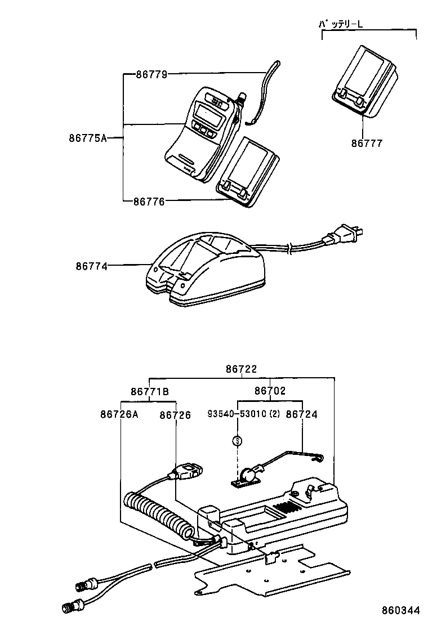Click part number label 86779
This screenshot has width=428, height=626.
(x=151, y=74)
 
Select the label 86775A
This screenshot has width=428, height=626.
(x=87, y=137)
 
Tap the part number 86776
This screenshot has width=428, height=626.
(x=149, y=201)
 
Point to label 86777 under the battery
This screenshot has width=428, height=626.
(x=367, y=144)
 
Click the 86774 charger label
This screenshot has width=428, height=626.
(x=91, y=265)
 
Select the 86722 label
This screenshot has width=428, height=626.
(x=241, y=369)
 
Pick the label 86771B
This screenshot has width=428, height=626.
(x=149, y=391)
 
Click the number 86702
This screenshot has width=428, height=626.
(x=270, y=391)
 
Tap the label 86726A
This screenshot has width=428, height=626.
(x=119, y=414)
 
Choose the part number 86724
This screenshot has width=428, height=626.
(x=302, y=414)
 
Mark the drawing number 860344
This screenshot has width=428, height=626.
(x=401, y=610)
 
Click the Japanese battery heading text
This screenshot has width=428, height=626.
(x=344, y=24)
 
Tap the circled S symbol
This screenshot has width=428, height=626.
(x=237, y=441)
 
